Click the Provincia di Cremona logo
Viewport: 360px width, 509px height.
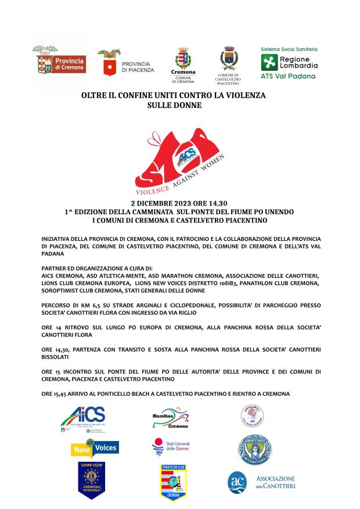59,63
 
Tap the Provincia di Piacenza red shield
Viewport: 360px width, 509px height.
106,67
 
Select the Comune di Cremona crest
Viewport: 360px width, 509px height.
183,59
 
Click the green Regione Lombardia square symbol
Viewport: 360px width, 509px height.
269,63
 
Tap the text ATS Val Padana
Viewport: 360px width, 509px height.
288,76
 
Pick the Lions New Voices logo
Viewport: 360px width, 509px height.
93,447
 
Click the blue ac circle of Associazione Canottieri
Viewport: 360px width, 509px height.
237,482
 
